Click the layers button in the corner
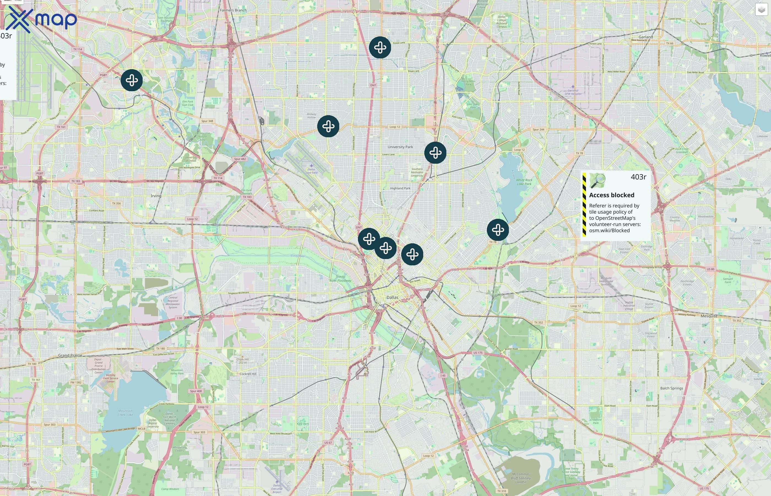point(761,10)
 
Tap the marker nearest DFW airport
point(132,80)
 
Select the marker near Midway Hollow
point(328,126)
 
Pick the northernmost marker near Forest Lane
point(380,48)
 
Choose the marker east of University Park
point(435,153)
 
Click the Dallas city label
point(392,297)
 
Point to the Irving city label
point(156,196)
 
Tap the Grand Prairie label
point(70,355)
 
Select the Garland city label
point(646,37)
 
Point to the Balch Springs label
point(672,388)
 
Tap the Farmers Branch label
point(233,10)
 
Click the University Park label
point(400,147)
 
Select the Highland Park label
point(400,188)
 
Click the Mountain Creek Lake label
point(125,413)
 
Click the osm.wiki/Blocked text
point(609,231)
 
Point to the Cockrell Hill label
point(248,374)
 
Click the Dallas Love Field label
point(311,171)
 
